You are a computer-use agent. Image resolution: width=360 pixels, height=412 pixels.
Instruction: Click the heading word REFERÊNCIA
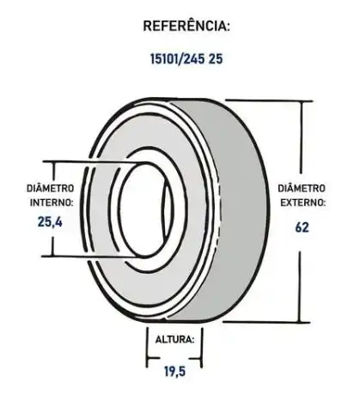tap(186, 26)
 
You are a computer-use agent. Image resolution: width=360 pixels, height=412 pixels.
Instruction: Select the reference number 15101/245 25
tap(186, 61)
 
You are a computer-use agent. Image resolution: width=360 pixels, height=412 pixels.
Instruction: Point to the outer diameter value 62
tap(301, 227)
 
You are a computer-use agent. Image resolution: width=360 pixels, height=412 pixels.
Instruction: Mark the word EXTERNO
tap(302, 203)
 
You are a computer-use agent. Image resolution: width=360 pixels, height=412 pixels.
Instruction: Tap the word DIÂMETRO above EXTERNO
tap(302, 188)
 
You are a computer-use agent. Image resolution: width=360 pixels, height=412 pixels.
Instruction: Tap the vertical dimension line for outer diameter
tap(301, 146)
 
